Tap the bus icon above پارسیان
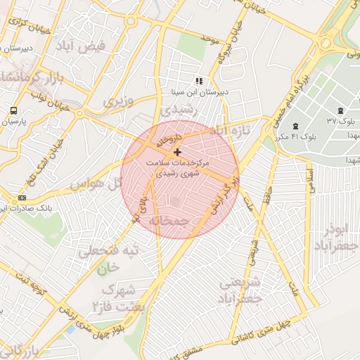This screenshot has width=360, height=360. (x=14, y=110)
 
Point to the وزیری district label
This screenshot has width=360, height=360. (x=118, y=101)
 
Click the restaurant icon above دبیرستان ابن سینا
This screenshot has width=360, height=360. (x=199, y=81)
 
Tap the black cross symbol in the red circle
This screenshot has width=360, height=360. (x=176, y=152)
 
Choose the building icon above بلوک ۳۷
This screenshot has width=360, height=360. (x=341, y=110)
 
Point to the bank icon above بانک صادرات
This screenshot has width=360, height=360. (x=22, y=198)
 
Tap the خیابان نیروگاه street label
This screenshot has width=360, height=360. (x=224, y=41)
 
